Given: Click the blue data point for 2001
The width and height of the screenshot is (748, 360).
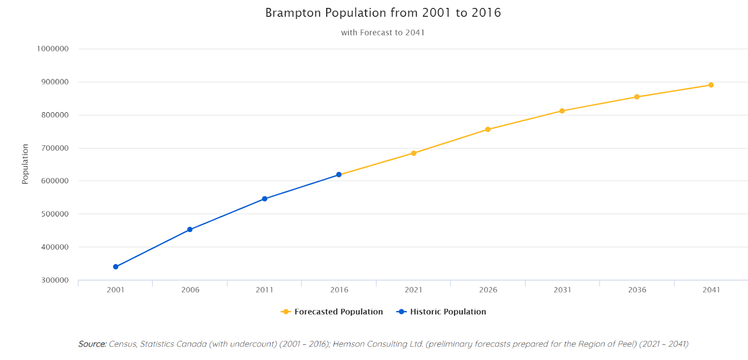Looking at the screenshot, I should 115,267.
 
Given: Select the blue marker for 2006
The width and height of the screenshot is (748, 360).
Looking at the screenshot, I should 190,230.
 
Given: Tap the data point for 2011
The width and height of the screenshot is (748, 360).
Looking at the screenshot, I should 265,199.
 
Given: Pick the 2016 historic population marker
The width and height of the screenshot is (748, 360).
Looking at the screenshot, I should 339,175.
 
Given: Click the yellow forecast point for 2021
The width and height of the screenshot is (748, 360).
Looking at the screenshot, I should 414,153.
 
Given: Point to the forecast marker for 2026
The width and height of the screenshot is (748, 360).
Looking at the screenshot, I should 488,130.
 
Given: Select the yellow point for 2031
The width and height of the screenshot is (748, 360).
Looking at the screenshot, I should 562,111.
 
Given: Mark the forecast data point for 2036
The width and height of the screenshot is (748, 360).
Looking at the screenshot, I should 637,97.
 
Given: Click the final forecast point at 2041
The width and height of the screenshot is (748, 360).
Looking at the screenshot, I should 711,85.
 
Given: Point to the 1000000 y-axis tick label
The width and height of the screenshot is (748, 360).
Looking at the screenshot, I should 53,49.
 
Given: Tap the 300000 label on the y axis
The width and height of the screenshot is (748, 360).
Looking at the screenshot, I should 55,280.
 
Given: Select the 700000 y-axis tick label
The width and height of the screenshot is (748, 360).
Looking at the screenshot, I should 55,148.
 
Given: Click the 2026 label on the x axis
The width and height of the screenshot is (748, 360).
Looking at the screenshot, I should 488,290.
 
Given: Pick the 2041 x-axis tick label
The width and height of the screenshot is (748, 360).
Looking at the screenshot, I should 711,290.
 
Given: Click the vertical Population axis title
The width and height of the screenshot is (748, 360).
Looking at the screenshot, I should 25,164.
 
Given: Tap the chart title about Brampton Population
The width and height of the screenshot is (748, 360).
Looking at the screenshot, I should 383,13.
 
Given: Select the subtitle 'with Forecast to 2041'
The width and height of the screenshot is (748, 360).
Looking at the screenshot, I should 383,33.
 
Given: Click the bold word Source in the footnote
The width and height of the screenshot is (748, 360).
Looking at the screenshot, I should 92,344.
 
